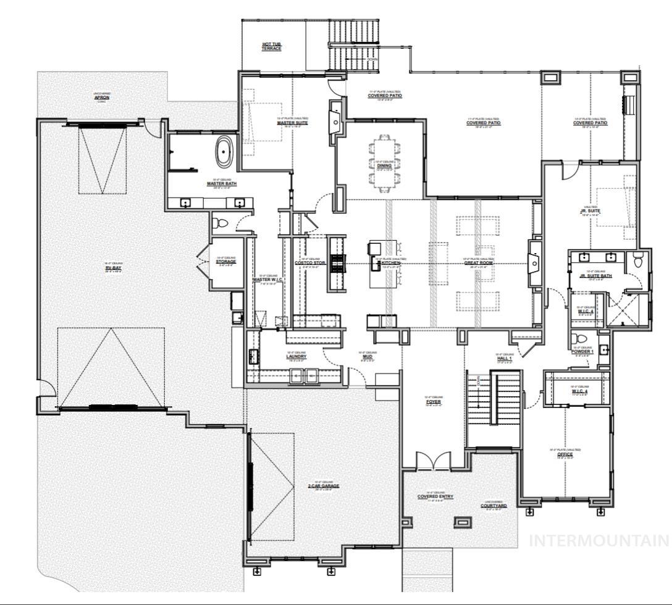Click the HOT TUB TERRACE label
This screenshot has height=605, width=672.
[271, 46]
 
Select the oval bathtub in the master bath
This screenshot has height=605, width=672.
[222, 151]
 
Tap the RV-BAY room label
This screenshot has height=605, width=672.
[114, 267]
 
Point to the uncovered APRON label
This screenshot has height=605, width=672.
[102, 97]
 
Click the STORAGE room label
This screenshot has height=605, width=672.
[225, 262]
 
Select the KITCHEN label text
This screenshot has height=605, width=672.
[391, 263]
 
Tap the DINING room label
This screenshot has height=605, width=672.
[384, 165]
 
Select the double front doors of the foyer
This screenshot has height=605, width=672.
[433, 462]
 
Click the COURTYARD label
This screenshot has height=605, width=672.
[493, 506]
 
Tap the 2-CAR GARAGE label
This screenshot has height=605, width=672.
[324, 486]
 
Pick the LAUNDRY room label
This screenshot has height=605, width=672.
[296, 356]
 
